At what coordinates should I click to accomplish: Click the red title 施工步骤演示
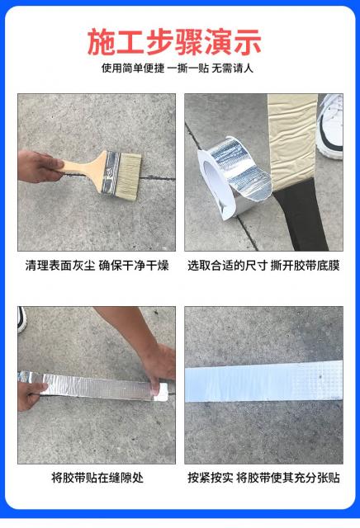(174, 42)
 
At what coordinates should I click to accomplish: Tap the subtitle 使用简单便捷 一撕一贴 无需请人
(178, 68)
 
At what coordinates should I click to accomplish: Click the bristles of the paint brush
(128, 176)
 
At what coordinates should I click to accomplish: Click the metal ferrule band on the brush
(111, 172)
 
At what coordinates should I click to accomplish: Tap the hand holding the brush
(40, 167)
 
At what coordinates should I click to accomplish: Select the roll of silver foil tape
(233, 177)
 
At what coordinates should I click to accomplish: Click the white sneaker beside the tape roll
(329, 126)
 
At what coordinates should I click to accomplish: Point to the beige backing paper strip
(292, 141)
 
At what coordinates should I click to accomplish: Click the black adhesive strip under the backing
(300, 217)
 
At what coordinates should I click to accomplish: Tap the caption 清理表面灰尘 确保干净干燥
(97, 266)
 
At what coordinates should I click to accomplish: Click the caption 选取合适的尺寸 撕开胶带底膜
(263, 266)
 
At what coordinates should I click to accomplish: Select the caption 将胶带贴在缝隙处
(97, 478)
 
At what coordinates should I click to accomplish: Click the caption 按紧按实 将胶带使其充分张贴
(263, 478)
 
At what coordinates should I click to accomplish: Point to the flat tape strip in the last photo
(264, 381)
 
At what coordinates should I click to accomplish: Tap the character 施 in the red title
(101, 42)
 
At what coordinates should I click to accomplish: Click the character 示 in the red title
(248, 42)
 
